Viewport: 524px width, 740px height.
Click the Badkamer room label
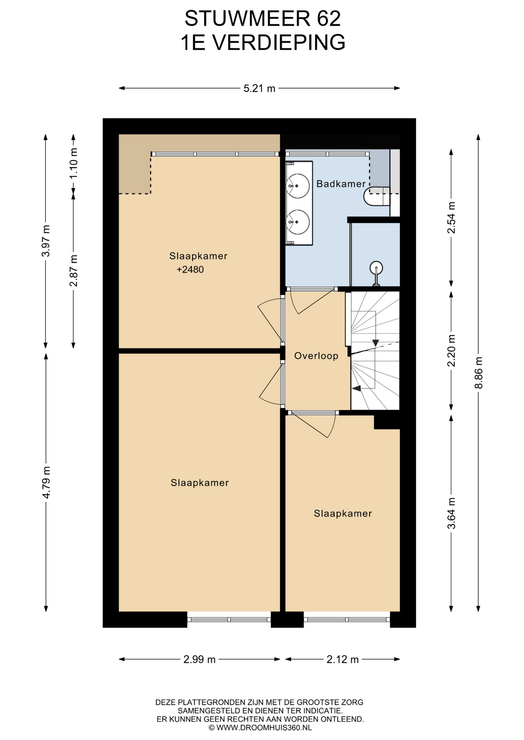click(x=341, y=184)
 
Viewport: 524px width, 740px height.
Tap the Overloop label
click(x=316, y=356)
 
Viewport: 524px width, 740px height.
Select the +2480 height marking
click(x=190, y=269)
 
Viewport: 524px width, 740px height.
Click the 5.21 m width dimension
click(x=259, y=88)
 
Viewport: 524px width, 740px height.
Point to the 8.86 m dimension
click(x=478, y=373)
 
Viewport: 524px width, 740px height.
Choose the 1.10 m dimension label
click(x=73, y=163)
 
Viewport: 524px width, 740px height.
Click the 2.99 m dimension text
click(x=199, y=659)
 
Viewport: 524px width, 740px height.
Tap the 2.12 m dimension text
click(x=343, y=659)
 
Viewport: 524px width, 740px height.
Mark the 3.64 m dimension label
click(x=451, y=513)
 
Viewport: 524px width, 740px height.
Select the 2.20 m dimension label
click(x=451, y=350)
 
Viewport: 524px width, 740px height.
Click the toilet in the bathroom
click(x=377, y=197)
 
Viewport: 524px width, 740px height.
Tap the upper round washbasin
click(x=298, y=186)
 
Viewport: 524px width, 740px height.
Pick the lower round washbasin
click(x=298, y=222)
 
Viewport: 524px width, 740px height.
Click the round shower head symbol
click(x=376, y=267)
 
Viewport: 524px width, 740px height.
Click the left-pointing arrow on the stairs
click(x=356, y=388)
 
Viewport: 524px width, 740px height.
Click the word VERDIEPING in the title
click(x=279, y=42)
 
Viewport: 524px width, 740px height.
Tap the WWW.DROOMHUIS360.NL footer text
click(x=264, y=728)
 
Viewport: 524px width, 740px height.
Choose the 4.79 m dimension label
click(x=46, y=482)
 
